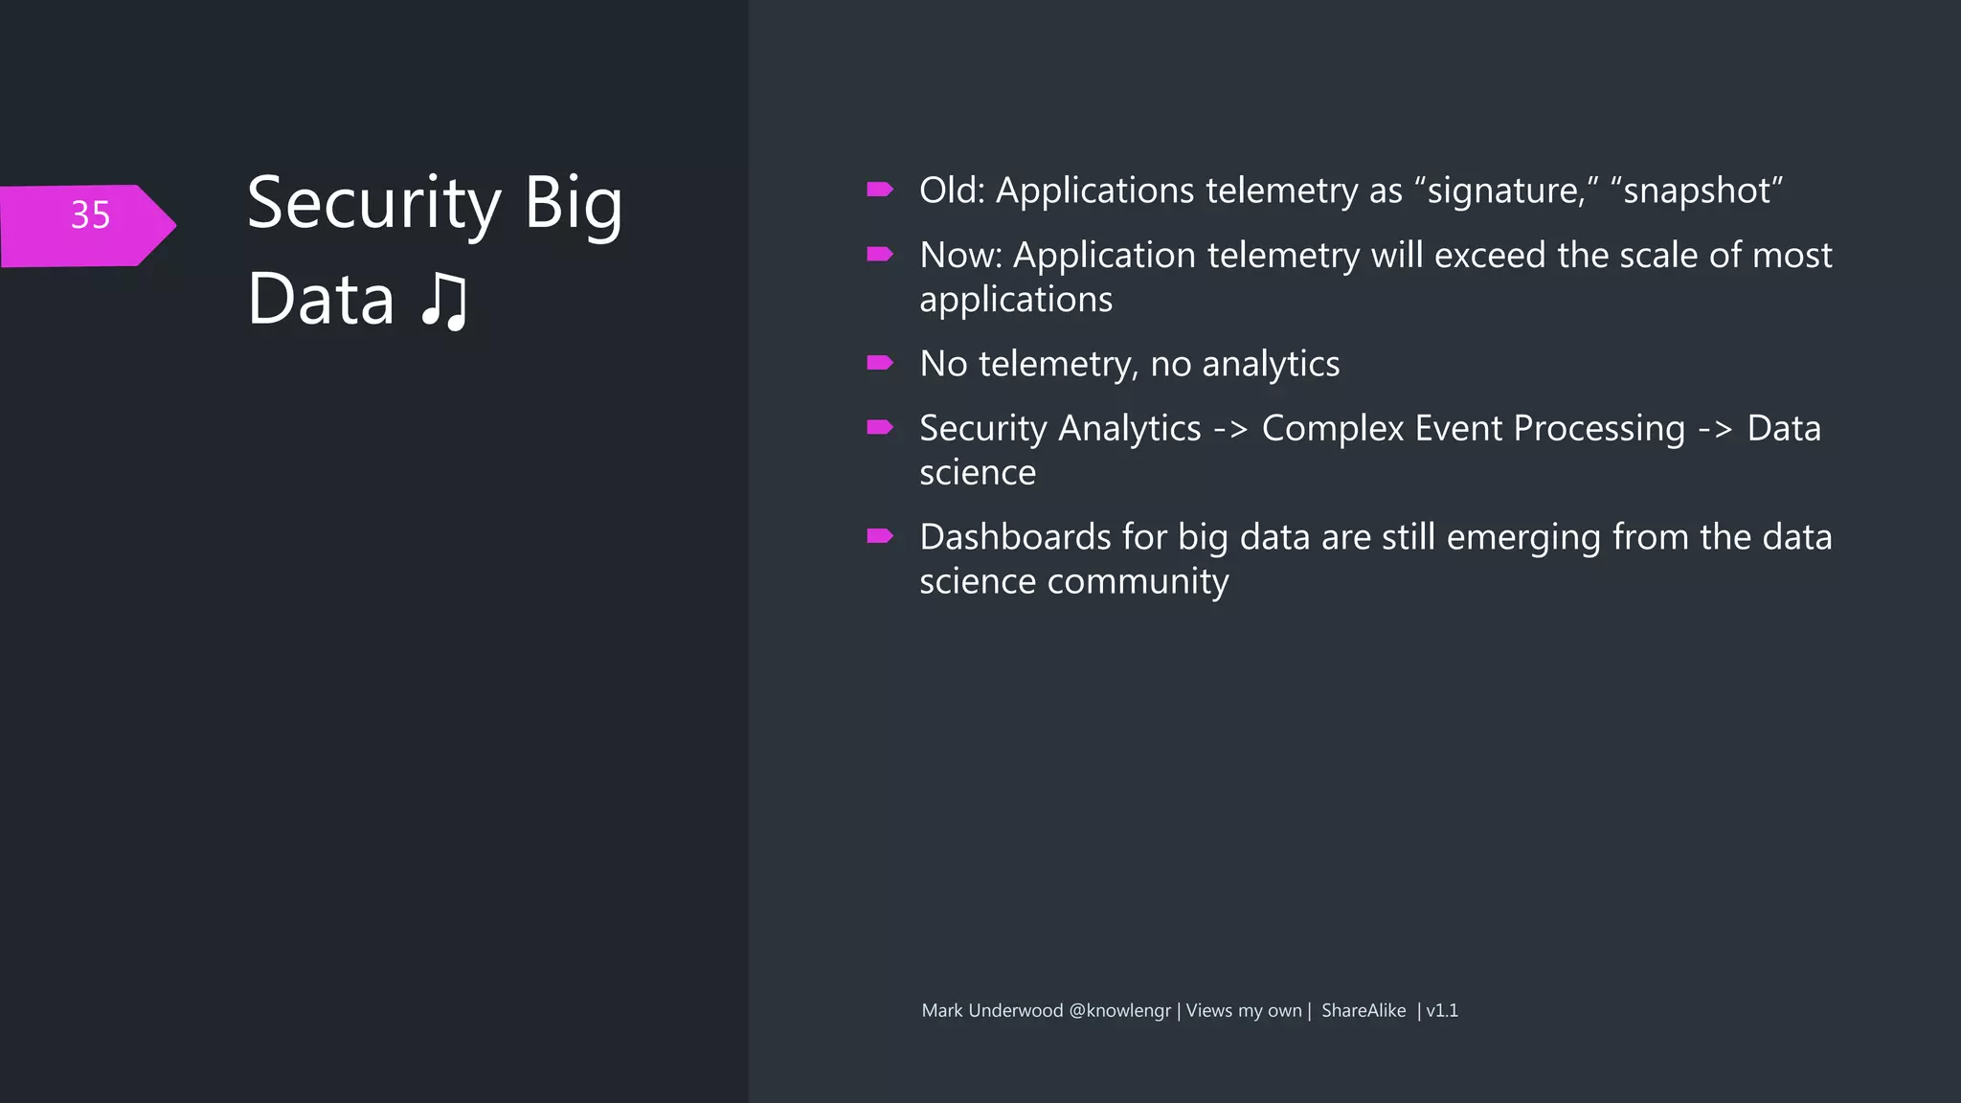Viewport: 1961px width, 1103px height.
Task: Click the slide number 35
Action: (x=90, y=215)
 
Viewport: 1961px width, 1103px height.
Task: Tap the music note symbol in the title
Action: (x=444, y=302)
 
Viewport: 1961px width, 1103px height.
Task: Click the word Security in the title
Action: (x=373, y=204)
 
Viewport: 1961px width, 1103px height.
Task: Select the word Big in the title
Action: (x=573, y=204)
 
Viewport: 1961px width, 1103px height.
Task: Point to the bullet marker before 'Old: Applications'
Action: (x=879, y=190)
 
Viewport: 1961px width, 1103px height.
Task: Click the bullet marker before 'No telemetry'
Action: (x=879, y=363)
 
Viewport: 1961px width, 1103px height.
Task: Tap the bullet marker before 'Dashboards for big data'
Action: (x=879, y=536)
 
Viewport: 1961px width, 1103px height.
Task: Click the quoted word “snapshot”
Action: (x=1697, y=191)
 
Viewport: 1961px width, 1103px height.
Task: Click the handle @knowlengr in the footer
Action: (x=1119, y=1011)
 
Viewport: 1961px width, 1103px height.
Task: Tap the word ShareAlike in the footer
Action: (x=1364, y=1011)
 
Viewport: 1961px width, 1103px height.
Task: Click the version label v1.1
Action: (x=1442, y=1011)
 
